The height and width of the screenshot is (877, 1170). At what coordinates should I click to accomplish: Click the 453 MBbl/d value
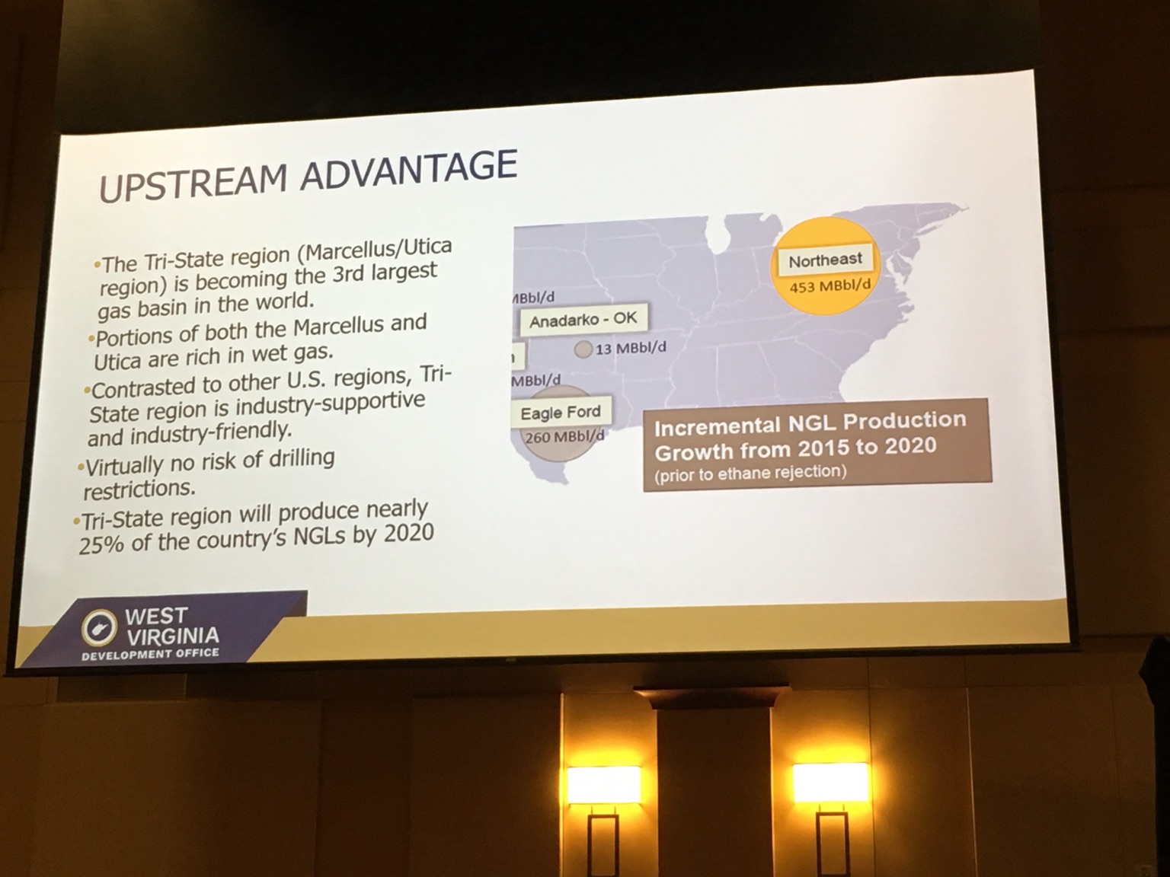pos(830,286)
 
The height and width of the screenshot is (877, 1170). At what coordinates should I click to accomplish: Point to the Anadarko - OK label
pos(583,320)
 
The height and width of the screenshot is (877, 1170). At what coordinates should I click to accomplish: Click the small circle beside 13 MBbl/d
pos(583,350)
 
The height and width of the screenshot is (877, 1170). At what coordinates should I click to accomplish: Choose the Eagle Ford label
pos(560,413)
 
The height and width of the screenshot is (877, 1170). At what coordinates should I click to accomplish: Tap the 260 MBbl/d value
pos(564,437)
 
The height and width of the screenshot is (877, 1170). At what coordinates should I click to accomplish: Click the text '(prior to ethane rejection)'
pos(750,473)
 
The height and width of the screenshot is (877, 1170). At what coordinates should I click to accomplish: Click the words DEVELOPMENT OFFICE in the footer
pos(150,654)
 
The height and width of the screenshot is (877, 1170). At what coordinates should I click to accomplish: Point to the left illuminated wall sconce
pos(604,784)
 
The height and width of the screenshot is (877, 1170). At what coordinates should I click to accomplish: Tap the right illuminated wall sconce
pos(830,782)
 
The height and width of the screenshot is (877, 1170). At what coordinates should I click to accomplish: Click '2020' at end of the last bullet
pos(409,533)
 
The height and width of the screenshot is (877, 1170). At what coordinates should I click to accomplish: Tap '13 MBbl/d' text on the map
pos(631,348)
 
